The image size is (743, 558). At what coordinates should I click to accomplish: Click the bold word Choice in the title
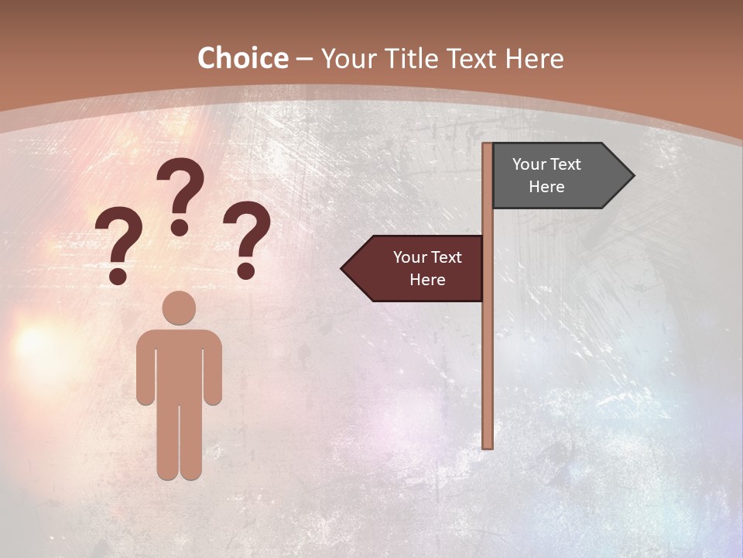click(242, 58)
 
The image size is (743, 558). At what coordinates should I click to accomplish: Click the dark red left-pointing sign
click(418, 268)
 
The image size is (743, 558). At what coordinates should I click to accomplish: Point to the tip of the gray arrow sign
click(632, 176)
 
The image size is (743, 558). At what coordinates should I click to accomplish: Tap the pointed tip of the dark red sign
click(344, 269)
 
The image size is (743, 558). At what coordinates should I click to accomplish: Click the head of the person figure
click(179, 308)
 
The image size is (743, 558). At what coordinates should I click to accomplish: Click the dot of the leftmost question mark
click(118, 275)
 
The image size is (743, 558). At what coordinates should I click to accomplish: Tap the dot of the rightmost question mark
click(246, 270)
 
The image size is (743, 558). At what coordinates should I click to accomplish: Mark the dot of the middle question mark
click(180, 227)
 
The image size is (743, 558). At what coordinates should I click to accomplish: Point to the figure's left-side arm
click(145, 372)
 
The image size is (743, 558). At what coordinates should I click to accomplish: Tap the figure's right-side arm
click(214, 372)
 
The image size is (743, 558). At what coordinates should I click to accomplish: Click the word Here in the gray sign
click(546, 187)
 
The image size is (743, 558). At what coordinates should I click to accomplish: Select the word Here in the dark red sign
click(427, 280)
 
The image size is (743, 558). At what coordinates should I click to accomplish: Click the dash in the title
click(304, 60)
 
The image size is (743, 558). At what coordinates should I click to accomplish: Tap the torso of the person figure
click(179, 364)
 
